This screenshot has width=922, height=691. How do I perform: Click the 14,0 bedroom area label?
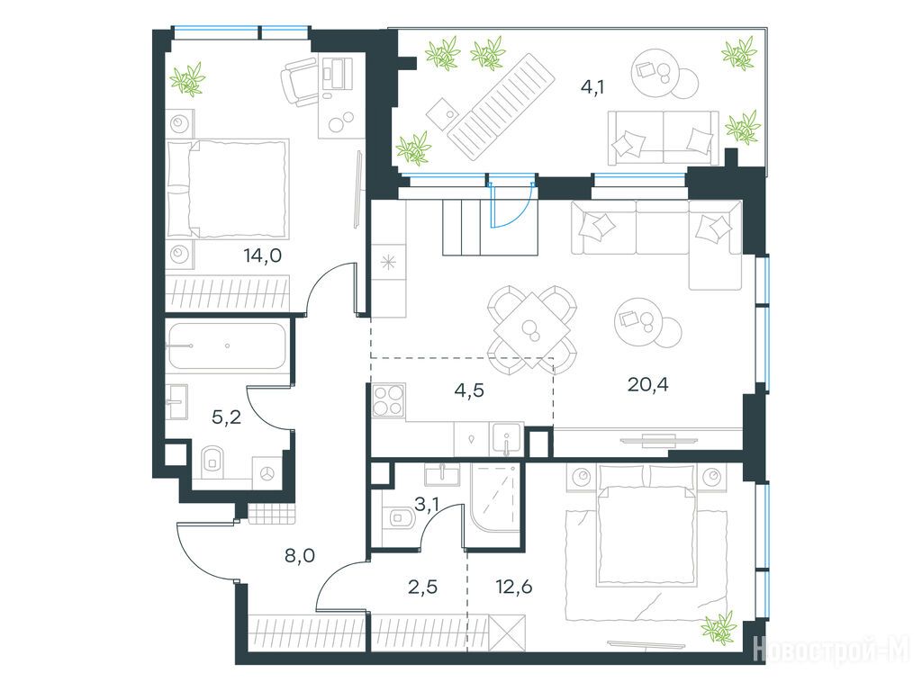point(263,256)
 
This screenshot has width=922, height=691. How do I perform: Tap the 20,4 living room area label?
point(648,385)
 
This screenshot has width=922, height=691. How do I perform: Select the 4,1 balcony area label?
point(592,87)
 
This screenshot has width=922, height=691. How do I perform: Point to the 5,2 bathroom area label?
point(226,417)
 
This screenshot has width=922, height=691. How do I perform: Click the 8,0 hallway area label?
point(300,554)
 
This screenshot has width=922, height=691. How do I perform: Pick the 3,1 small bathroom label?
point(428,504)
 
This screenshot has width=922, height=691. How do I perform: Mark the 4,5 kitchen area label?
point(469,390)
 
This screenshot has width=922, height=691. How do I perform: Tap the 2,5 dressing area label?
point(423,587)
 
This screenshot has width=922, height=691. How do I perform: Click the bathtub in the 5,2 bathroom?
point(226,346)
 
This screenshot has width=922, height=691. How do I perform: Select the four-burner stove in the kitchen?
point(389,400)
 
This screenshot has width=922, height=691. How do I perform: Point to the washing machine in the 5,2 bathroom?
point(267,473)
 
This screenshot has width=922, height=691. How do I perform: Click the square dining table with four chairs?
point(531,329)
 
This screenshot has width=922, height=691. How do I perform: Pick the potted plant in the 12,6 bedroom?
point(719,627)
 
